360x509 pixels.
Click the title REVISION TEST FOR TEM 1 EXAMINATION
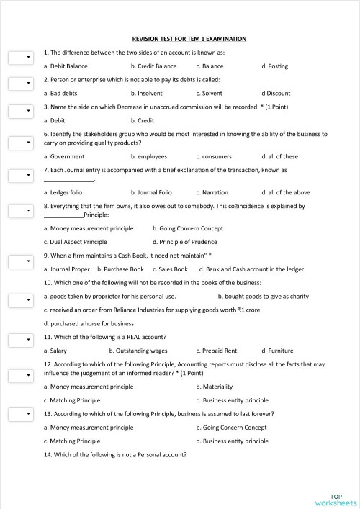tap(190, 38)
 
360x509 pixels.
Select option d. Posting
tap(274, 66)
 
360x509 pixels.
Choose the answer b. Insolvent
tap(147, 94)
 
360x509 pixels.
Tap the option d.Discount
tap(276, 94)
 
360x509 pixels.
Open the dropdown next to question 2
tap(19, 84)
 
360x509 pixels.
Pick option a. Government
tap(64, 156)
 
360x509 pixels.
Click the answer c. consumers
tap(214, 156)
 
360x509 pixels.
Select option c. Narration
tap(212, 192)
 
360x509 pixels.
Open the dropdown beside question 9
tap(19, 260)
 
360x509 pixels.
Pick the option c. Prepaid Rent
tap(216, 351)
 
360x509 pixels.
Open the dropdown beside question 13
tap(19, 414)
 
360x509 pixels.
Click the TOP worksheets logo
tap(335, 500)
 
